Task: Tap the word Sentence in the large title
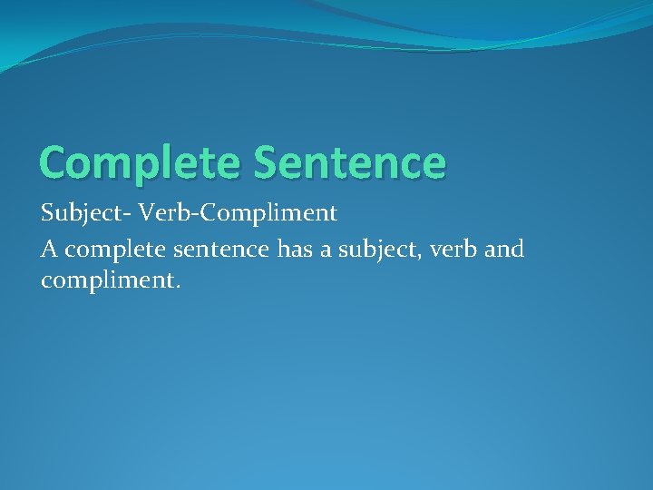(x=350, y=162)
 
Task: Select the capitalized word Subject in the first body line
(x=81, y=215)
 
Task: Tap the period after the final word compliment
(x=179, y=288)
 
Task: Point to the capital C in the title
(x=55, y=162)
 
